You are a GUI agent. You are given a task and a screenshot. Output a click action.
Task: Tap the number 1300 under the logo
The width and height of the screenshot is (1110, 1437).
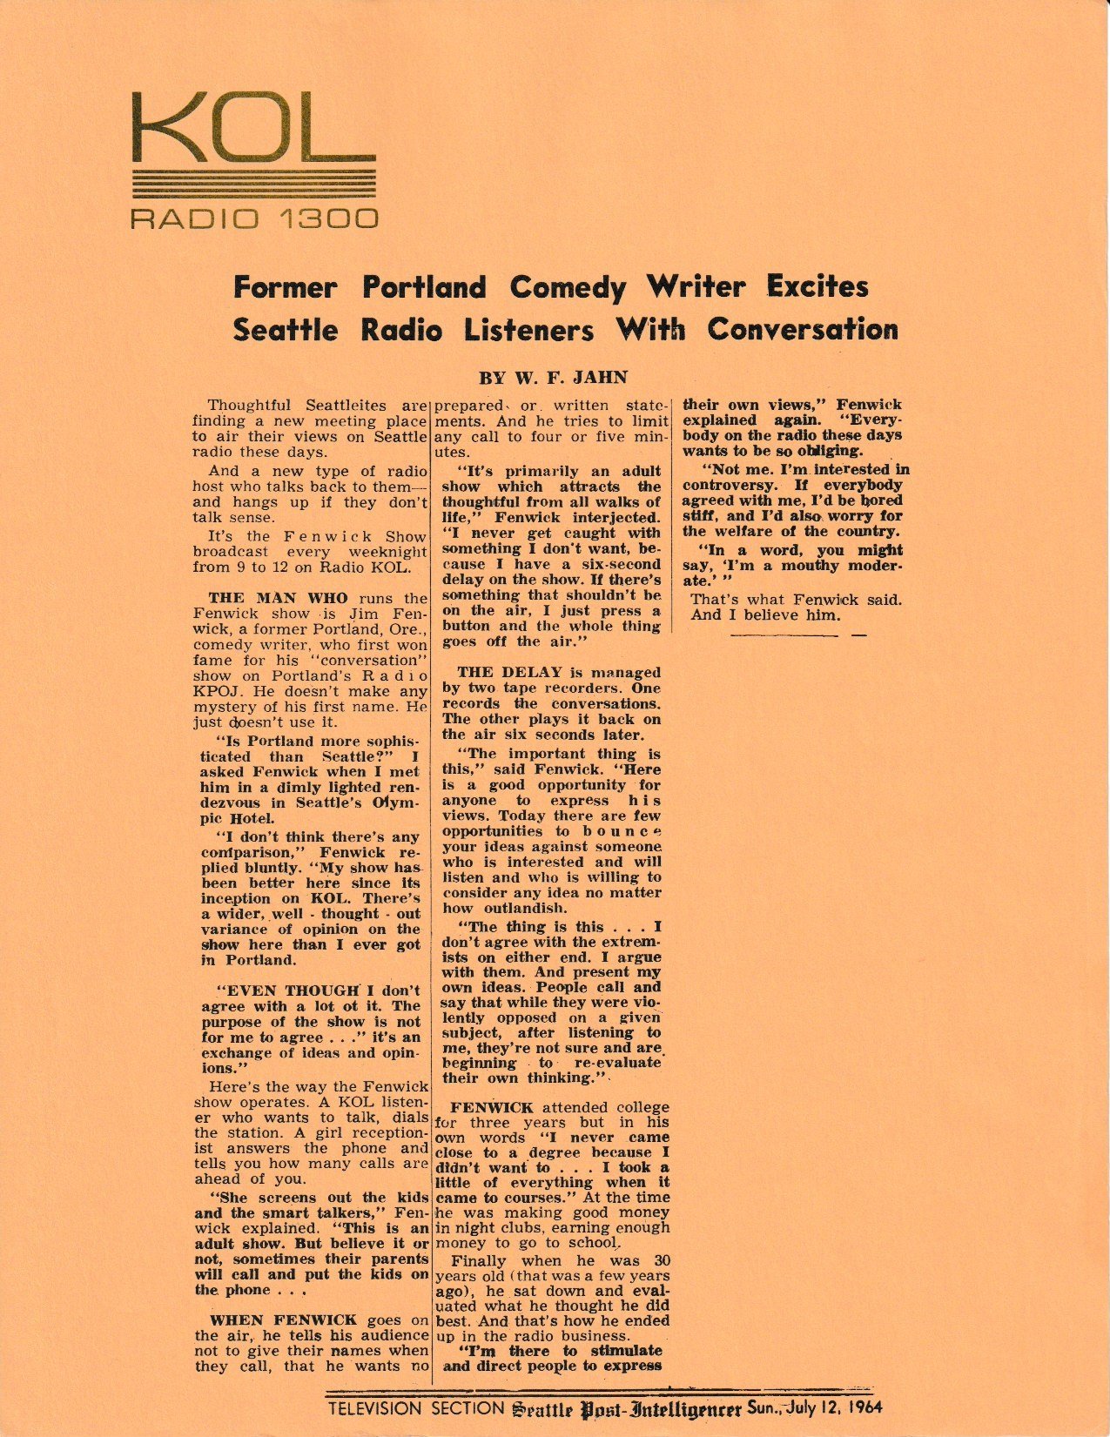[x=327, y=218]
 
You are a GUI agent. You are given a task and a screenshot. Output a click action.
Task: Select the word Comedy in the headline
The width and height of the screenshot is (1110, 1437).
[x=568, y=287]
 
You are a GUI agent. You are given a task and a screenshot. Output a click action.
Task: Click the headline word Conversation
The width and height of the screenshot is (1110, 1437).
[x=802, y=330]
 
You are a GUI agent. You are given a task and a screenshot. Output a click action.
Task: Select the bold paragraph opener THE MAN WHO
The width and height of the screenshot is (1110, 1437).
[x=278, y=599]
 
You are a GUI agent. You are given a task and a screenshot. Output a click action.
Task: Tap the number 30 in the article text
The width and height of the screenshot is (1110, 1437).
[x=662, y=1260]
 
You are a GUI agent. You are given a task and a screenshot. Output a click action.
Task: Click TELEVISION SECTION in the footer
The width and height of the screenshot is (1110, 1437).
[x=415, y=1408]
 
